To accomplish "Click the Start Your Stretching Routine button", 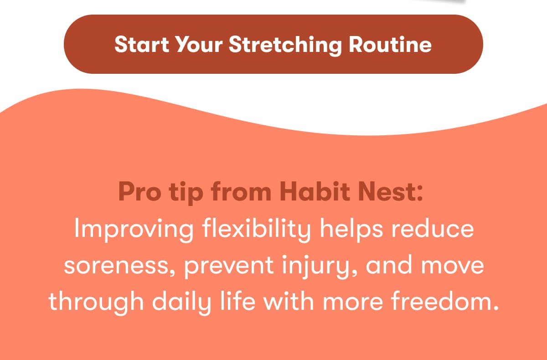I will [x=273, y=44].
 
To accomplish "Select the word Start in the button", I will [x=142, y=44].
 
